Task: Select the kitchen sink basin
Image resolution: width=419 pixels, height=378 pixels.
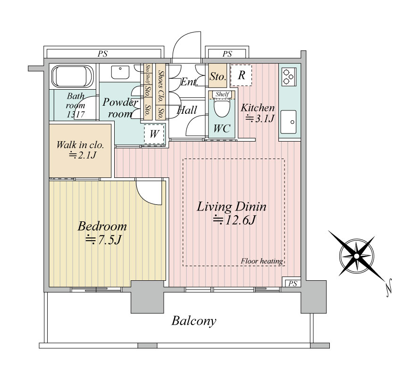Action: point(288,122)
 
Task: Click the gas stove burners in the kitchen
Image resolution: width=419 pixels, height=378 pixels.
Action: point(288,77)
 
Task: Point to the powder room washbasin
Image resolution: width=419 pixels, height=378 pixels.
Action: point(120,72)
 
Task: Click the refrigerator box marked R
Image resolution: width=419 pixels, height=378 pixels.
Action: point(241,75)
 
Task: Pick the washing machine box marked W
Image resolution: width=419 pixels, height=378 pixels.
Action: point(154,134)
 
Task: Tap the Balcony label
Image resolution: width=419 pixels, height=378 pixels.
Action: point(194,320)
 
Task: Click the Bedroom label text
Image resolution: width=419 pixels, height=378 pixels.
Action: point(102,227)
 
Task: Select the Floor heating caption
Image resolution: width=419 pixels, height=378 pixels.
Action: point(262,261)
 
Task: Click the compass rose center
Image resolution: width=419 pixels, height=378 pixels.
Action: point(356,256)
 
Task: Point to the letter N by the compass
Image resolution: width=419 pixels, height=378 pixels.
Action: point(389,288)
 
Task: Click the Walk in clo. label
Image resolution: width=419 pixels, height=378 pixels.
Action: point(80,145)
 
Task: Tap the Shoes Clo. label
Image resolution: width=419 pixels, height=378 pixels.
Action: point(160,86)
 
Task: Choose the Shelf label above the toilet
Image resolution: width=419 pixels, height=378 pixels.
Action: point(222,94)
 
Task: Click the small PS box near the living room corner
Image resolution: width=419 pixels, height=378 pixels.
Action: point(293,283)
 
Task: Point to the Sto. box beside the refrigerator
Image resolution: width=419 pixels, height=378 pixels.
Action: point(218,76)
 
